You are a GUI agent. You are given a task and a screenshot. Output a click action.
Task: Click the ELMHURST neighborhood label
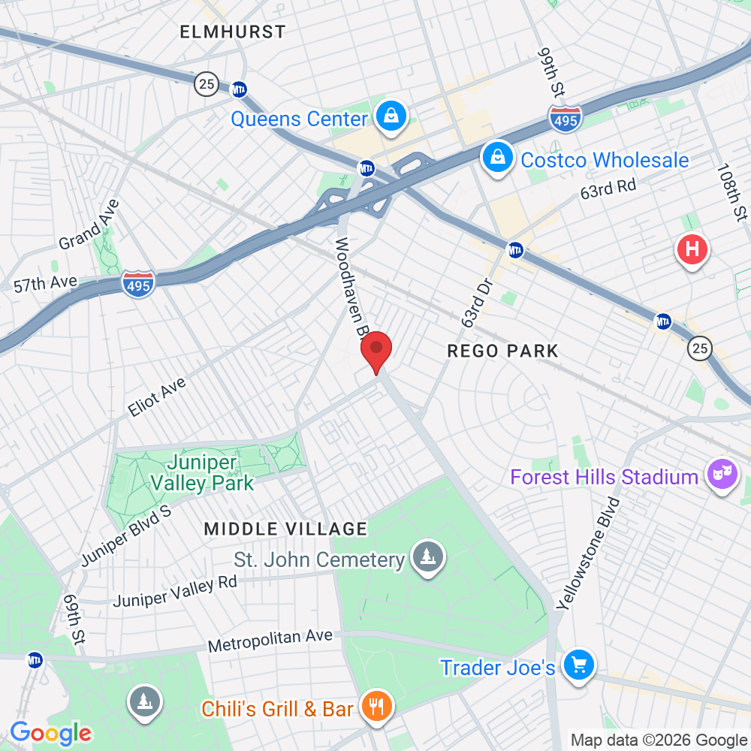tap(233, 32)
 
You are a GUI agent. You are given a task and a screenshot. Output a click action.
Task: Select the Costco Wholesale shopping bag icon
tap(497, 158)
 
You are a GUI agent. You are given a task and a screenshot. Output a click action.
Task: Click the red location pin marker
tap(376, 351)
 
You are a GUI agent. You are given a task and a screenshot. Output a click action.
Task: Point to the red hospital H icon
tap(692, 249)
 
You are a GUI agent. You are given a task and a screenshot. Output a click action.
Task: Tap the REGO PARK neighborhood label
tap(502, 351)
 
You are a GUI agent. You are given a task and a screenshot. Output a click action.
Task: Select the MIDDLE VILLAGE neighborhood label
tap(285, 529)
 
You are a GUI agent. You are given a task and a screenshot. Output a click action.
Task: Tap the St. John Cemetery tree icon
tap(428, 558)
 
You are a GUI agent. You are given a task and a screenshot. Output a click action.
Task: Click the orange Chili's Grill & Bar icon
tap(373, 706)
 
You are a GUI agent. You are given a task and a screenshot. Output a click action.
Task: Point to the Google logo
tap(50, 732)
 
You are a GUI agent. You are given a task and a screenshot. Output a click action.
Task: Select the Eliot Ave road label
tap(156, 397)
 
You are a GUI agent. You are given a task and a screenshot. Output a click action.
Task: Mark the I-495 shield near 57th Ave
tap(138, 284)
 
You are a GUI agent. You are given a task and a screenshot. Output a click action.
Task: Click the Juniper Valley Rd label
tap(175, 591)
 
